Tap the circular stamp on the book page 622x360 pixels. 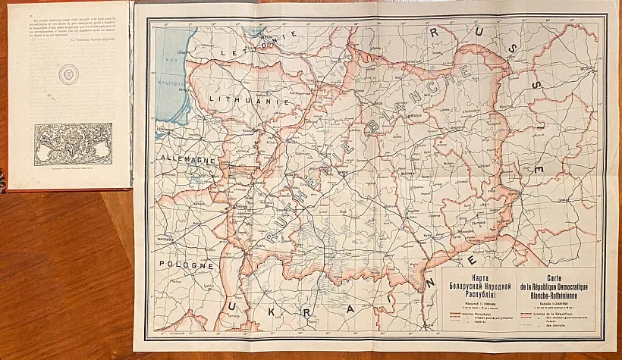pyautogui.click(x=70, y=74)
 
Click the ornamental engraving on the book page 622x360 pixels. pyautogui.click(x=73, y=142)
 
